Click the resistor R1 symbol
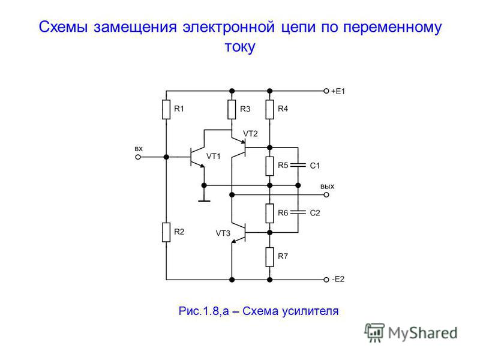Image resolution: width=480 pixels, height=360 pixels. click(x=166, y=109)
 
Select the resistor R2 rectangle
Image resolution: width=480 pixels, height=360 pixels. click(x=166, y=232)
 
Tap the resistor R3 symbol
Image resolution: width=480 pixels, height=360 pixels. click(x=232, y=109)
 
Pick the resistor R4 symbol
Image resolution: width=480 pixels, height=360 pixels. click(x=269, y=109)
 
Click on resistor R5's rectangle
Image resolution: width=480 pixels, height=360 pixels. click(x=269, y=166)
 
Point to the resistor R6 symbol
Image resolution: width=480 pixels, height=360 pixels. click(x=269, y=214)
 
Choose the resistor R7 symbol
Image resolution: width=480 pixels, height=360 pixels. click(x=269, y=257)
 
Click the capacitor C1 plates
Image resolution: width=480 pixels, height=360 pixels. click(x=298, y=166)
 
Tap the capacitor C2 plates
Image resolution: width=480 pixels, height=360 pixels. click(x=298, y=212)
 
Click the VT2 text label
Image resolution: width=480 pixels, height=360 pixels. click(x=250, y=134)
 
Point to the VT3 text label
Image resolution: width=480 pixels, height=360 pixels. click(x=223, y=233)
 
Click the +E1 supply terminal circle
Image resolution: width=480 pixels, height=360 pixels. click(x=326, y=91)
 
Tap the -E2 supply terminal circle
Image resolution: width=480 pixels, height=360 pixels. click(x=326, y=280)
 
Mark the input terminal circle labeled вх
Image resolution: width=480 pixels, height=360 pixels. click(x=138, y=157)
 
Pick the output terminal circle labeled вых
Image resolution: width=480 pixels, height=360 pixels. click(x=326, y=194)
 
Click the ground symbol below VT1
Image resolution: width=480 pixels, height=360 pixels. click(x=204, y=201)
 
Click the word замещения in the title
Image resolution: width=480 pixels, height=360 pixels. click(x=136, y=28)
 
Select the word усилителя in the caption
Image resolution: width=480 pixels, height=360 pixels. click(x=310, y=311)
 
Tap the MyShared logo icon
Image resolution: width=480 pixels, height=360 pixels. click(x=374, y=332)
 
